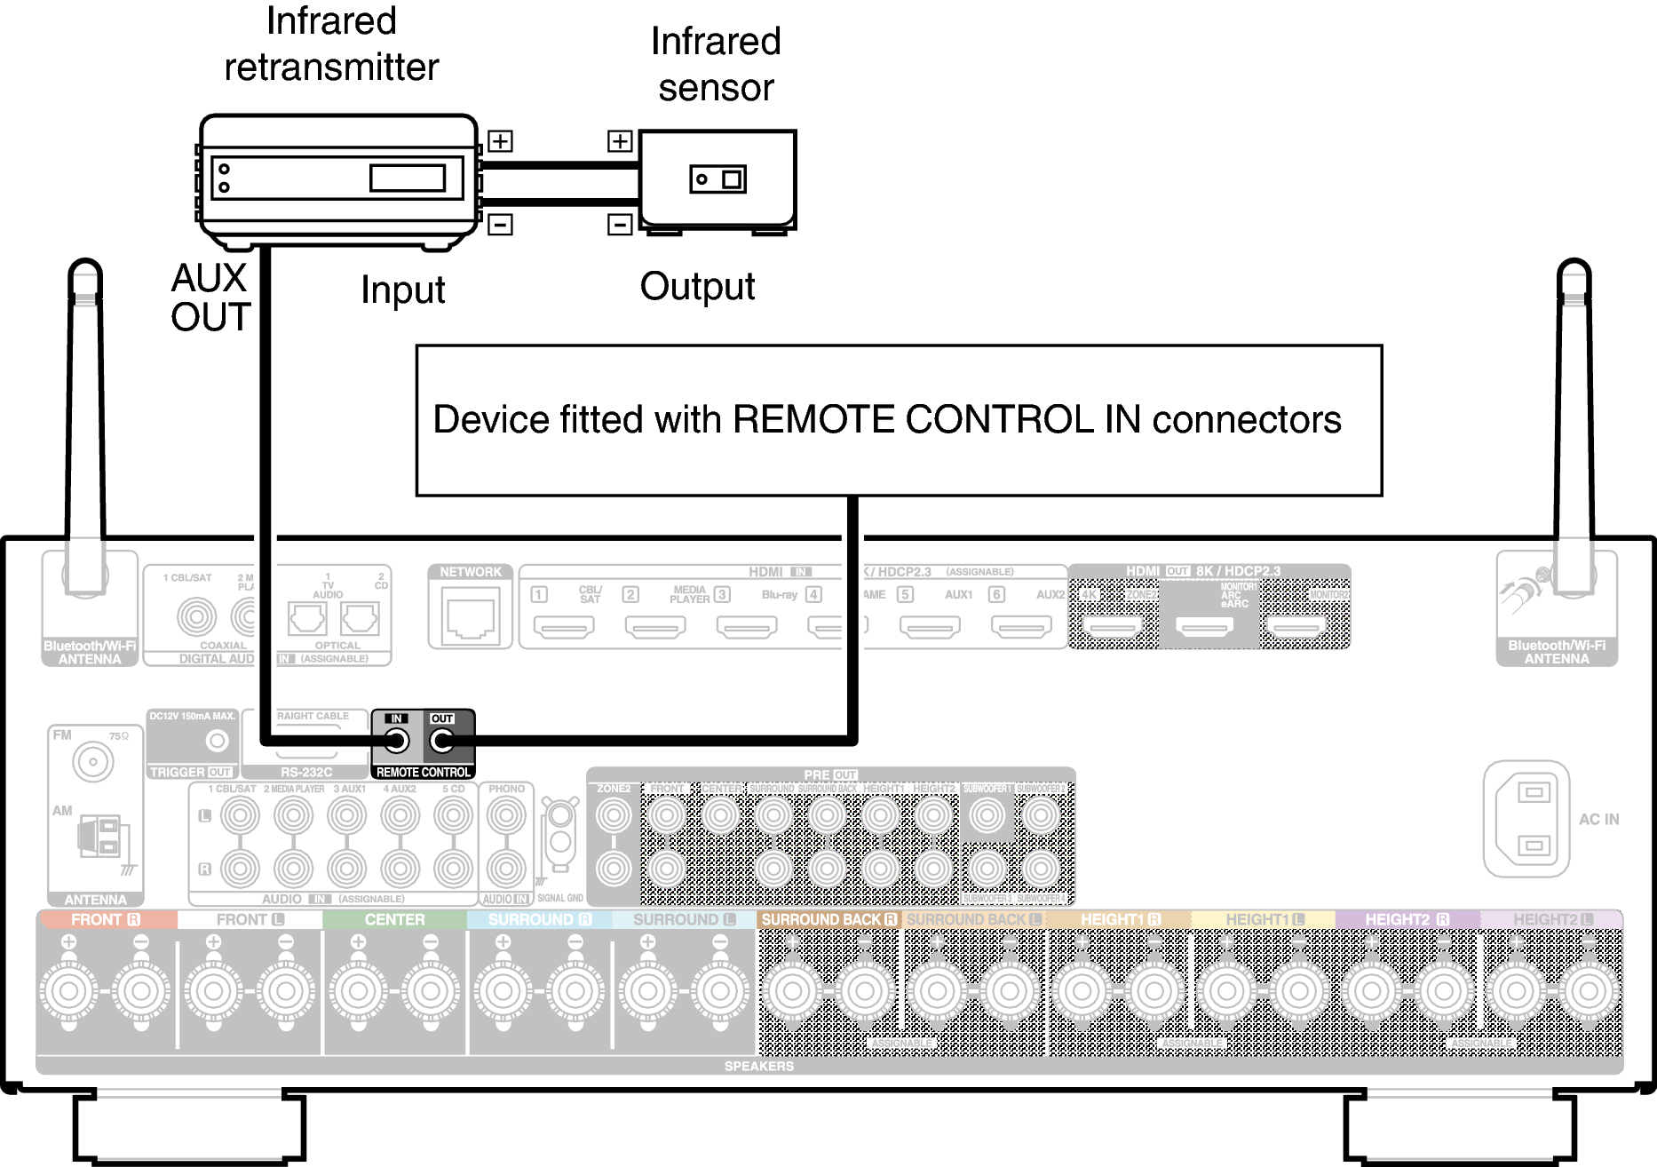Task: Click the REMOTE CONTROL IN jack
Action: pyautogui.click(x=397, y=741)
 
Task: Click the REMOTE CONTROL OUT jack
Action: pyautogui.click(x=441, y=741)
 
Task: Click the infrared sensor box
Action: pyautogui.click(x=717, y=179)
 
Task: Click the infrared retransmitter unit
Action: pyautogui.click(x=337, y=178)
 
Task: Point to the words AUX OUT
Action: pyautogui.click(x=210, y=298)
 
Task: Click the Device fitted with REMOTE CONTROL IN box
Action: pyautogui.click(x=898, y=420)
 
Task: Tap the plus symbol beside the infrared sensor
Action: pyautogui.click(x=620, y=141)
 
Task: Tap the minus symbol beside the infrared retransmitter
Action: pyautogui.click(x=501, y=225)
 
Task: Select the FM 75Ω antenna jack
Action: pyautogui.click(x=92, y=762)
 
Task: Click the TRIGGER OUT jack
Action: pyautogui.click(x=217, y=741)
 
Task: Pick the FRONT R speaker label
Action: pyautogui.click(x=106, y=920)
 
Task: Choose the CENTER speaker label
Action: pyautogui.click(x=394, y=920)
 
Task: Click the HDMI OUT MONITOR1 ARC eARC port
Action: pyautogui.click(x=1204, y=627)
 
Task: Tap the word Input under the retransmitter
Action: pyautogui.click(x=402, y=290)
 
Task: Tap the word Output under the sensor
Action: pyautogui.click(x=697, y=287)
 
